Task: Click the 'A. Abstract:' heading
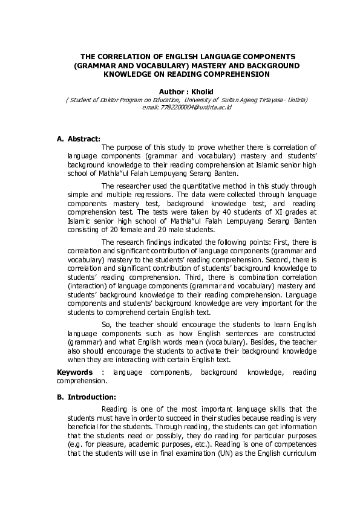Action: pyautogui.click(x=79, y=138)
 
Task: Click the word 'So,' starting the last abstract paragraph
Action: pyautogui.click(x=107, y=324)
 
